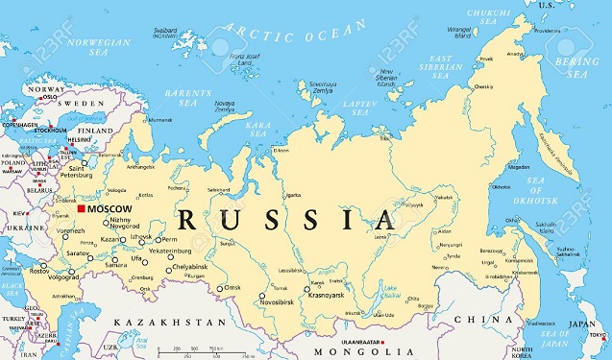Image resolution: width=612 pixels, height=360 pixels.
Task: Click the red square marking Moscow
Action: [x=82, y=208]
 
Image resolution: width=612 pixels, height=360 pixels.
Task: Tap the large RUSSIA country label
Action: [x=287, y=220]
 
